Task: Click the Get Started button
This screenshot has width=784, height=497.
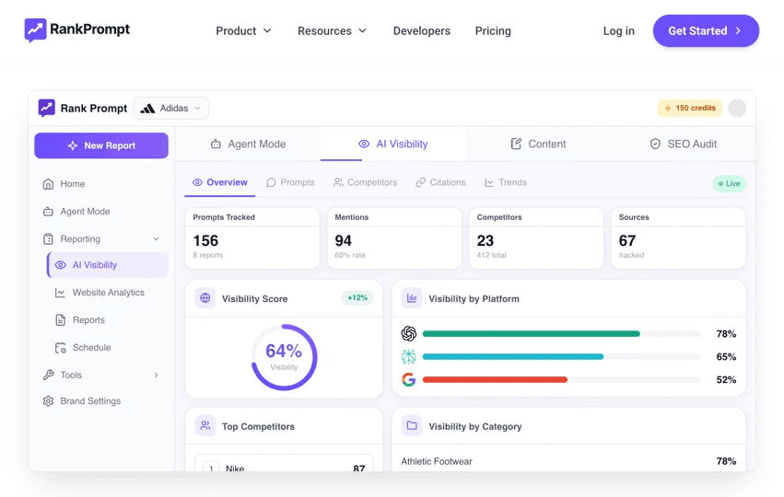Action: click(706, 31)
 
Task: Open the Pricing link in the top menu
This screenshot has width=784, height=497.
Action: click(493, 31)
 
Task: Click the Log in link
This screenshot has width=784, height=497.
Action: click(618, 31)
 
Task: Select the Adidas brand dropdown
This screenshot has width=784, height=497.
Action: click(171, 109)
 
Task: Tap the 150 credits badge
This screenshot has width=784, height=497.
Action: click(689, 108)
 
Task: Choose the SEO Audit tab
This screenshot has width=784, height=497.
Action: click(683, 144)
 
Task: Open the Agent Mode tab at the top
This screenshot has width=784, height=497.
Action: click(248, 144)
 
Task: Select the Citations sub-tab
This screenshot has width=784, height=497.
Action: click(440, 182)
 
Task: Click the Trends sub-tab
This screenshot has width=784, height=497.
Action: click(506, 182)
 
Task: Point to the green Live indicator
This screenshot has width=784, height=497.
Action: click(729, 184)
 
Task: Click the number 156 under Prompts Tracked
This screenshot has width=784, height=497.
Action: click(205, 241)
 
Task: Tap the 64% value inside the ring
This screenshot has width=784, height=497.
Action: click(284, 352)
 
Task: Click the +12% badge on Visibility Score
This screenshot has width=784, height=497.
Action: click(357, 297)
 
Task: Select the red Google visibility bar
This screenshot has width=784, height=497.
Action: click(495, 379)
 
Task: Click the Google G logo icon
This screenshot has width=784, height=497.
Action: click(408, 379)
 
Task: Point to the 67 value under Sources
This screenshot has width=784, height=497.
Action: click(627, 241)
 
